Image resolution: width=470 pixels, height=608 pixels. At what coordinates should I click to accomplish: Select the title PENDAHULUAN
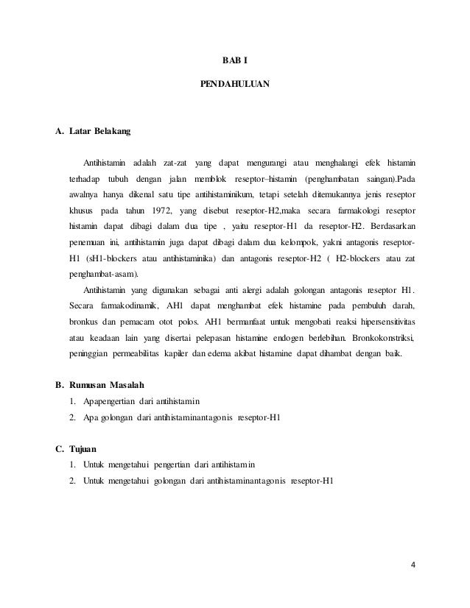[x=235, y=85]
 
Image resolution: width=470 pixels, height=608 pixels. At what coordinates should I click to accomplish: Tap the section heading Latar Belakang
[x=99, y=132]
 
